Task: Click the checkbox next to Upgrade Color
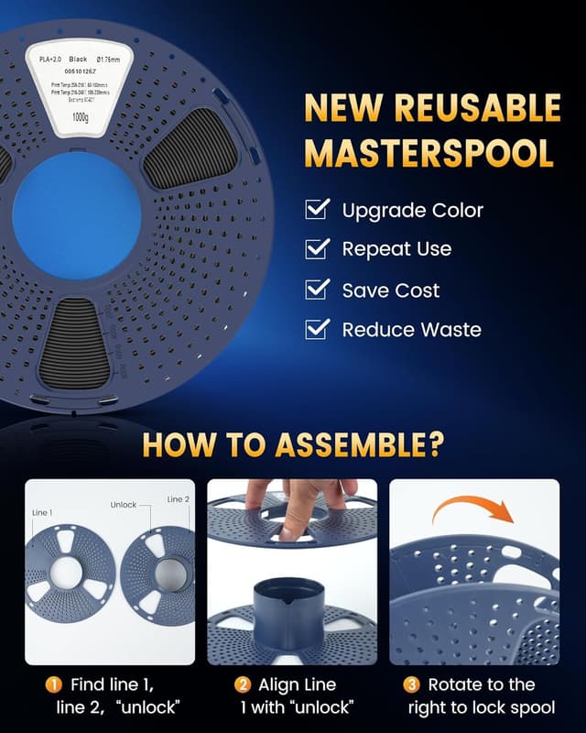pos(317,210)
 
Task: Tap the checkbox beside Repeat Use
pos(317,249)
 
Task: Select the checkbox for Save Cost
pos(317,290)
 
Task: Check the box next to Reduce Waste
pos(317,329)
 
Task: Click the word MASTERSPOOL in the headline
pos(429,152)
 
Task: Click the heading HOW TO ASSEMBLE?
pos(293,445)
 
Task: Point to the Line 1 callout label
pos(42,513)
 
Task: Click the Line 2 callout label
pos(178,499)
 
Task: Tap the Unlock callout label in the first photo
pos(123,505)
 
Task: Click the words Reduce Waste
pos(411,330)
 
